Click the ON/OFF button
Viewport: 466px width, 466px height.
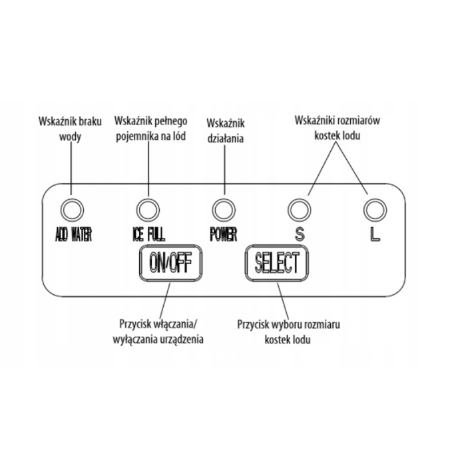pyautogui.click(x=170, y=264)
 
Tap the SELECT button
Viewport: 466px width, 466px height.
pyautogui.click(x=278, y=263)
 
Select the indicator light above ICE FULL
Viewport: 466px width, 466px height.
pyautogui.click(x=148, y=210)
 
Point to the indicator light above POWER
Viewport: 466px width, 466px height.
pyautogui.click(x=224, y=210)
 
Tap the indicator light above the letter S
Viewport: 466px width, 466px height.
pyautogui.click(x=299, y=210)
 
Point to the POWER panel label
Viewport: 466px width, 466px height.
pyautogui.click(x=223, y=235)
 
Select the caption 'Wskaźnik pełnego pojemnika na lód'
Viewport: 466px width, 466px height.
pyautogui.click(x=151, y=128)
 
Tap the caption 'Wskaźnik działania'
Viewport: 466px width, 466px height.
pyautogui.click(x=226, y=131)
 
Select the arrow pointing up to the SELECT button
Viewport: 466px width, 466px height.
pyautogui.click(x=280, y=300)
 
